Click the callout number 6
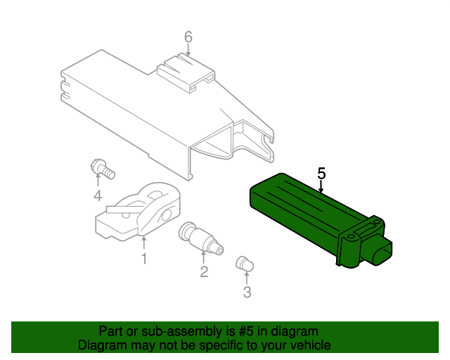188,37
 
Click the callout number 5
322,172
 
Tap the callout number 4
98,195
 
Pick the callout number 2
203,271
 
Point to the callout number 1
143,259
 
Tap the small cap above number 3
244,264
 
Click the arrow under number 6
188,51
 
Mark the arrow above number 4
98,182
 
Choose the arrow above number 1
143,243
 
